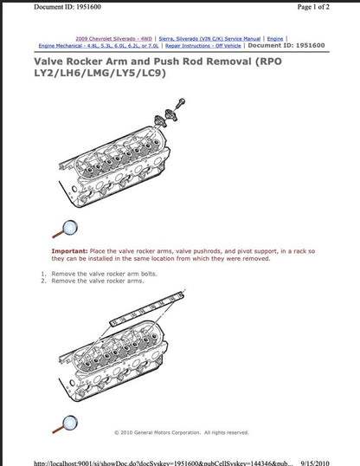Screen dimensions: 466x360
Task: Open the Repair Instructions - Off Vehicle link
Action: [204, 46]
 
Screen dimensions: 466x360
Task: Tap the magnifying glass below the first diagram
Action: [65, 229]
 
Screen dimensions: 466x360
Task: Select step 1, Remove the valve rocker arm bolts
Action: [104, 274]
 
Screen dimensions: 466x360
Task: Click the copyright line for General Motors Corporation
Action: [181, 432]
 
